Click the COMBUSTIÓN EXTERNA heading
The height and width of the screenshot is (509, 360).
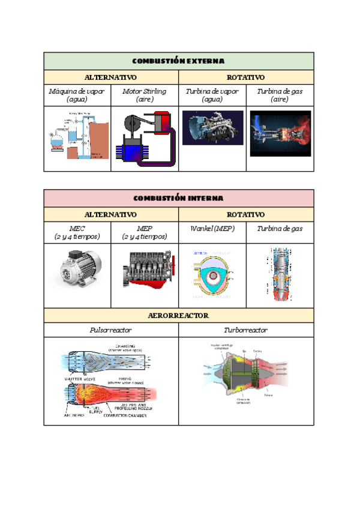[178, 61]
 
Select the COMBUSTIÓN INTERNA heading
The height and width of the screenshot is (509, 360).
[178, 198]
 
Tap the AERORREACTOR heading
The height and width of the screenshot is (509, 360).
[178, 315]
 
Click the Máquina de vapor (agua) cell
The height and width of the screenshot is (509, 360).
[77, 95]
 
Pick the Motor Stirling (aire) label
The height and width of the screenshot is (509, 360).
[145, 95]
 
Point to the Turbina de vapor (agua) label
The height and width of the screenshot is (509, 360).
[212, 95]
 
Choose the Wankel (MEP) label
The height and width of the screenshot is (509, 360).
[212, 229]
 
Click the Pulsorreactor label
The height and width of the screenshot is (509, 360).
[110, 330]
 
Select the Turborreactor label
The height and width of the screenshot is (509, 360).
[245, 330]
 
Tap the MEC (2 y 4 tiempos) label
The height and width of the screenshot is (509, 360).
[77, 232]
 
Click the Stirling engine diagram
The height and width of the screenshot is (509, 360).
[145, 139]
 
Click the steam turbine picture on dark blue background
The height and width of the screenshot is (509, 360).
[212, 128]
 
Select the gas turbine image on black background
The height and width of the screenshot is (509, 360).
[280, 133]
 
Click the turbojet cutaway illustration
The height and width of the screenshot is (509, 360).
[246, 375]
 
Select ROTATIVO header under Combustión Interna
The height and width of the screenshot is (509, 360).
[245, 214]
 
